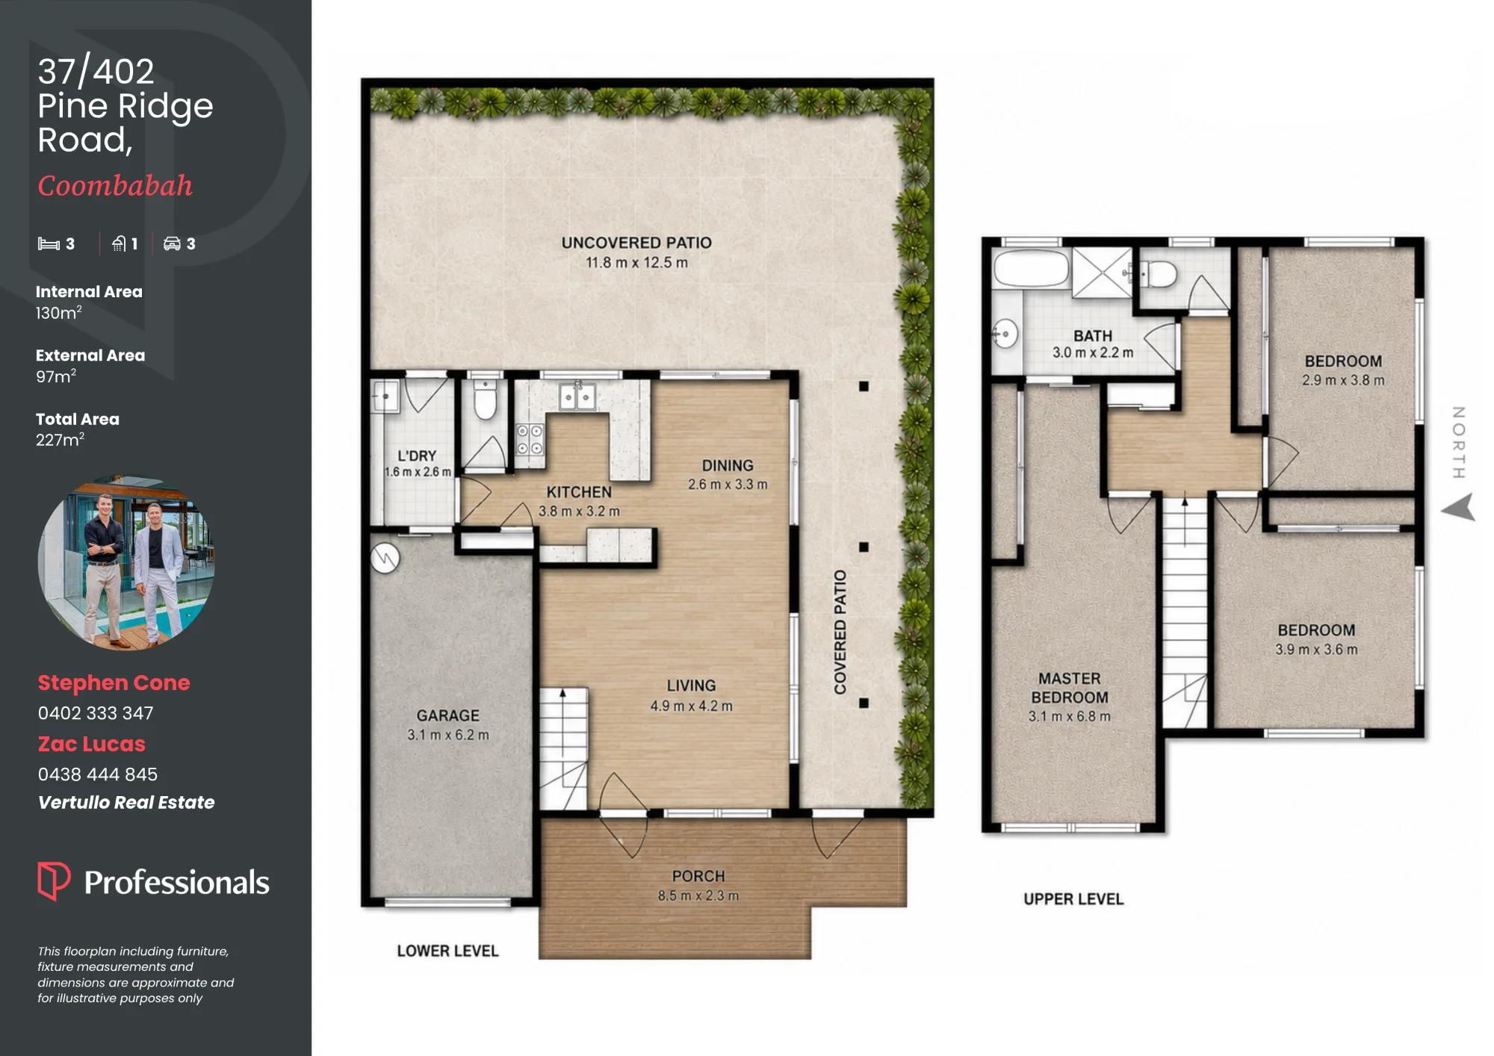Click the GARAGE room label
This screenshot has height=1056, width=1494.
point(448,715)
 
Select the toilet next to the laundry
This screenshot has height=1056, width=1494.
point(485,401)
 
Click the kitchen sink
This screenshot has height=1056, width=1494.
point(577,397)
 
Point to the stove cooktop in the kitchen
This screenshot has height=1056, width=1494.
point(530,440)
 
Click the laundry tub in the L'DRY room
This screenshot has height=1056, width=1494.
point(385,396)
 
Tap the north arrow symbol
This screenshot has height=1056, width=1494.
point(1458,507)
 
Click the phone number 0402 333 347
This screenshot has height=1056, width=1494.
point(96,713)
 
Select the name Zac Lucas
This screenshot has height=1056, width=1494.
point(92,744)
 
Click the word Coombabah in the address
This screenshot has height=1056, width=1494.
point(115,185)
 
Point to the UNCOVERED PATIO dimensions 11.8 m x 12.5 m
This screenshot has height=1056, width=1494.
point(636,263)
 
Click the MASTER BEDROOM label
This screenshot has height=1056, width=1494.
point(1070,688)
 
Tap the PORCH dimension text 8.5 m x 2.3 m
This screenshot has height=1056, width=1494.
point(698,895)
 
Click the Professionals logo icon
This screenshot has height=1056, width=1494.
point(54,881)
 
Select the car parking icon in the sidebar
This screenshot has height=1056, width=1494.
point(172,243)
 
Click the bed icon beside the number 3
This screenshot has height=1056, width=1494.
point(49,243)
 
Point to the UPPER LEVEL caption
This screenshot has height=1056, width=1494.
point(1073,899)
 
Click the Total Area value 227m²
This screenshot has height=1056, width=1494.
point(61,440)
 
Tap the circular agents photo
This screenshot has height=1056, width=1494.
point(126,562)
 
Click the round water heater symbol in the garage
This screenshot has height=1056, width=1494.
point(385,557)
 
